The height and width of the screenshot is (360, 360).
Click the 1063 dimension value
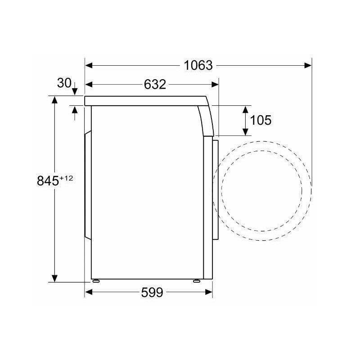(198, 65)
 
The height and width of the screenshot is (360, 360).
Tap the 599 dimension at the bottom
(152, 292)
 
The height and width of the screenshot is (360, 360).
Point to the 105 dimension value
(261, 120)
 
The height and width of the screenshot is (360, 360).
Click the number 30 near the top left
(64, 83)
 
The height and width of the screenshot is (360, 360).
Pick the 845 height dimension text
(48, 181)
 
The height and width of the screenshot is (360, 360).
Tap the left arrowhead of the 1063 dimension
(89, 65)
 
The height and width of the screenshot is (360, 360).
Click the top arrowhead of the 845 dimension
(54, 99)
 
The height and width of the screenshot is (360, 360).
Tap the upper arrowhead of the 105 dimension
(246, 108)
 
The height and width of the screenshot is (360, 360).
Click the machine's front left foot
(96, 280)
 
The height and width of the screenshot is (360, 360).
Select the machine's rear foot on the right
(197, 280)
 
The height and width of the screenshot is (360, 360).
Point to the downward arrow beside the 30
(75, 90)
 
